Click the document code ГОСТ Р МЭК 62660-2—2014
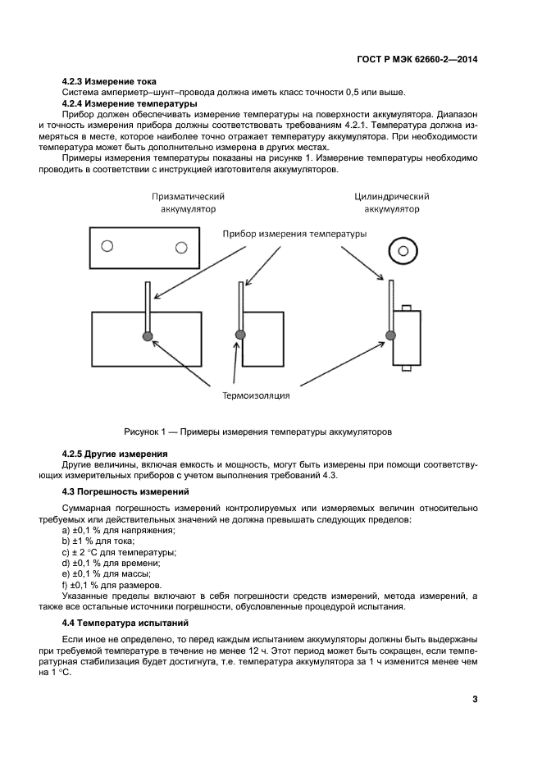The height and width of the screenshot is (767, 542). coord(417,59)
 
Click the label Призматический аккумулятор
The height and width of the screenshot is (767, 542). coord(188,203)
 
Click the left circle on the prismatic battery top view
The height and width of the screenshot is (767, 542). coord(106,246)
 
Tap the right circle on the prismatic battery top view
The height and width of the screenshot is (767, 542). coord(180,246)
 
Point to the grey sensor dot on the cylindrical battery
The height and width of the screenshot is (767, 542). coord(390,335)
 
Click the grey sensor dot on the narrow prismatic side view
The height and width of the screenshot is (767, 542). coord(240,335)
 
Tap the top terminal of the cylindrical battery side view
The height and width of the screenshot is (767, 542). coord(405,308)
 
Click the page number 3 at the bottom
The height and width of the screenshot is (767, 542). coord(475,699)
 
